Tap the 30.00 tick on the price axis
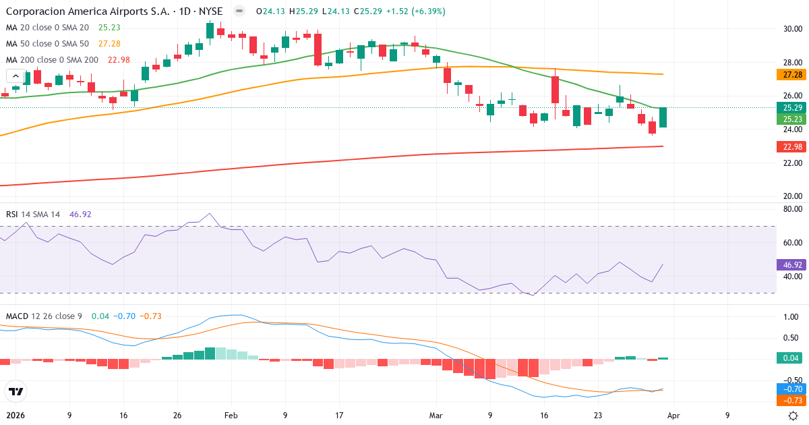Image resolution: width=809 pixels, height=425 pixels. click(787, 29)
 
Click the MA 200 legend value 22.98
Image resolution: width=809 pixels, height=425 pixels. click(119, 59)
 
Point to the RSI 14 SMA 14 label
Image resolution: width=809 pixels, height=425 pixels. click(33, 215)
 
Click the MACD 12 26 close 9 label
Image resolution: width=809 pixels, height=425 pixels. click(44, 316)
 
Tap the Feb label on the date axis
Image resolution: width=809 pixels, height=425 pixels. click(231, 416)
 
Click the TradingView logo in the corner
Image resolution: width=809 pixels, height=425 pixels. click(16, 391)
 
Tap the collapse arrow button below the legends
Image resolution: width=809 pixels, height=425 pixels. click(16, 76)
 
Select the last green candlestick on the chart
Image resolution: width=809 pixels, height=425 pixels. click(663, 117)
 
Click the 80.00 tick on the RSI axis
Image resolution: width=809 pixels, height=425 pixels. click(787, 209)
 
